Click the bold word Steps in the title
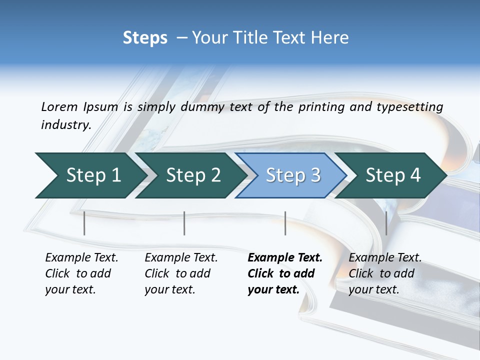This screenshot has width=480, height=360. (145, 38)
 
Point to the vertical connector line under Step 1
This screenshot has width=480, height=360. (84, 223)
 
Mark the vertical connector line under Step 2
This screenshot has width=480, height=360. (184, 223)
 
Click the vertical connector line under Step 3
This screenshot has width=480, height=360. (285, 223)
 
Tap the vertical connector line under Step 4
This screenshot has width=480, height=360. (386, 223)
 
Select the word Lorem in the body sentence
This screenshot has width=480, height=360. (59, 106)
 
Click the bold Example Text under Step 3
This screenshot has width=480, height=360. (285, 257)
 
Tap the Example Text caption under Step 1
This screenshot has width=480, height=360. (81, 257)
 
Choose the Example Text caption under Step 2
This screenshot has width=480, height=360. (181, 257)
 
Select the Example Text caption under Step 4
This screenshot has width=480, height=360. (385, 257)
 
